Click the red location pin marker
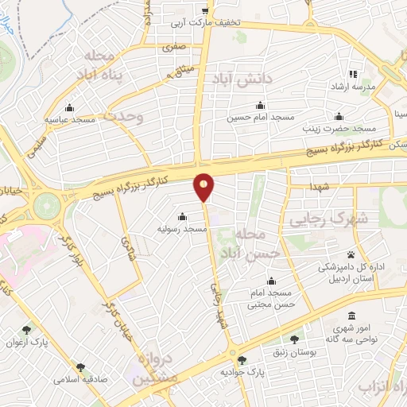[204, 187]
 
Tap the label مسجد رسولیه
[182, 229]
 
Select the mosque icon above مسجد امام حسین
[260, 106]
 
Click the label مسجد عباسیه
[70, 119]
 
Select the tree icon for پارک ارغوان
[27, 329]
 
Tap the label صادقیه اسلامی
[80, 379]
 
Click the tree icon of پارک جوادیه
[242, 360]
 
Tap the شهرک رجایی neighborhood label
[328, 217]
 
